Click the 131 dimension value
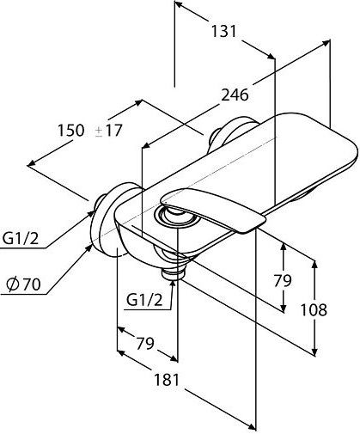click(223, 31)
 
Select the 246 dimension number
click(235, 95)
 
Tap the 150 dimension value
click(70, 131)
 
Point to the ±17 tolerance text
click(108, 131)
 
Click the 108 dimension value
click(314, 309)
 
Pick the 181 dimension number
click(167, 380)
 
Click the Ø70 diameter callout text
click(23, 284)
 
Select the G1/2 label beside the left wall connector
click(20, 238)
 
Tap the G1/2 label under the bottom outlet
click(144, 300)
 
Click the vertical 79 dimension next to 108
click(283, 280)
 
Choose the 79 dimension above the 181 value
click(145, 343)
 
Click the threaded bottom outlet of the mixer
click(172, 273)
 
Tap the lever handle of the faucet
click(213, 210)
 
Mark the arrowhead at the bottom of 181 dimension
click(252, 427)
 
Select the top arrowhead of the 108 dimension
click(314, 265)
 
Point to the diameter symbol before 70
click(13, 284)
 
